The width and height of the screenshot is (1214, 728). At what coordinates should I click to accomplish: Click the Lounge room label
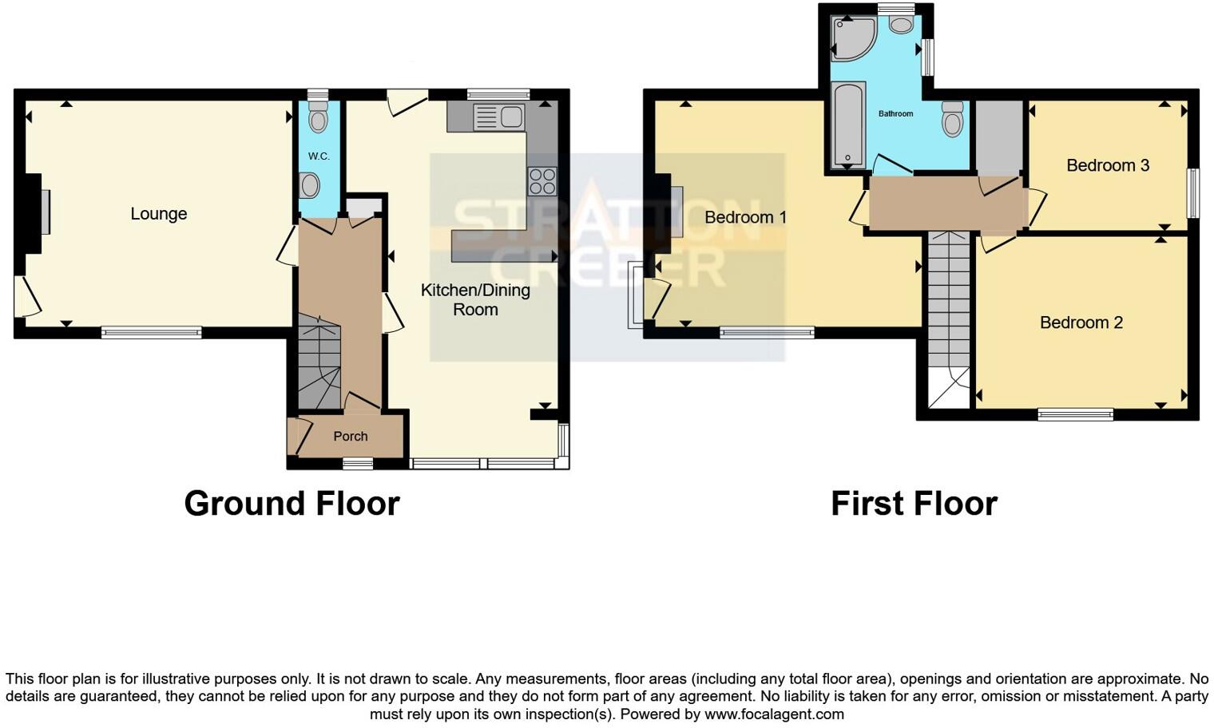coord(159,214)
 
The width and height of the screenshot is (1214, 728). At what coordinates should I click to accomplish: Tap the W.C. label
coord(319,156)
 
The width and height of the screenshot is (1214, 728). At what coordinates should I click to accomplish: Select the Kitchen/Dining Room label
coord(475,299)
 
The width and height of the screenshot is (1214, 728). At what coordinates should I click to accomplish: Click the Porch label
coord(351,436)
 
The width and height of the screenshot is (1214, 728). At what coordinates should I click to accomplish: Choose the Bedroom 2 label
coord(1081,322)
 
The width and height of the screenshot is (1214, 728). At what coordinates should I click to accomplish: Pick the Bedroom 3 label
coord(1108,165)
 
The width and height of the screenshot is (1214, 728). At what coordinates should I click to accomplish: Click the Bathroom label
coord(895,114)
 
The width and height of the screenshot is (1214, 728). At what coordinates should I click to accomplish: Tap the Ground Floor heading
coord(292,504)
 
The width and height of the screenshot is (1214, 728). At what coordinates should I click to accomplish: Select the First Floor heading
coord(914,504)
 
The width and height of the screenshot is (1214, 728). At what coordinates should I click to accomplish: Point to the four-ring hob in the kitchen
coord(542,181)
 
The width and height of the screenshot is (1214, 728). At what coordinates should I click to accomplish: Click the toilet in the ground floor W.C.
coord(319,117)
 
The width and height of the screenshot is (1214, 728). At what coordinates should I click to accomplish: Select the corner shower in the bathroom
coord(852,38)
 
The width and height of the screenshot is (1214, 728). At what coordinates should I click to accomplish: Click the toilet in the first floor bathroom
coord(952,120)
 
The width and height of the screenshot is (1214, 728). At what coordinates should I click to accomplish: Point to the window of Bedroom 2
coord(1075,413)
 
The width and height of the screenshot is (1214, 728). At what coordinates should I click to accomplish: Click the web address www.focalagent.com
coord(774,714)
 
